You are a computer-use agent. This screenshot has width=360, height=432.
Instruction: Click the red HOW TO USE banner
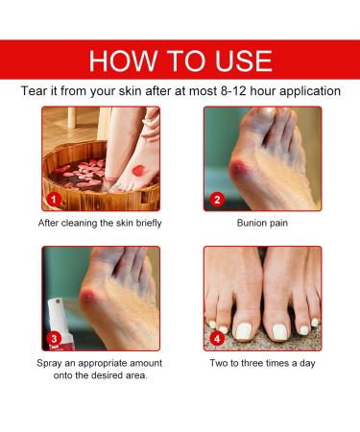(180, 60)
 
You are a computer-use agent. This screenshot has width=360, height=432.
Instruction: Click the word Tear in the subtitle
(36, 91)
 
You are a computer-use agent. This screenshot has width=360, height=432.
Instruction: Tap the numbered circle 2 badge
(217, 201)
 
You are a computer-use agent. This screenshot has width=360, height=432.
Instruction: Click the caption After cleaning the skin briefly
(100, 225)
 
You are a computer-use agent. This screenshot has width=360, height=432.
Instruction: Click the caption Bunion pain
(262, 225)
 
